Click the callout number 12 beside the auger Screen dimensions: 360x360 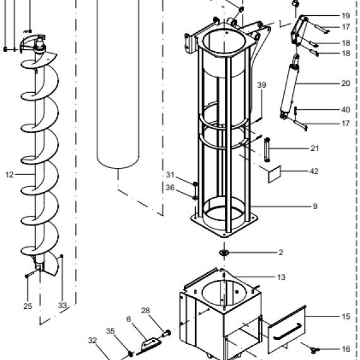[9, 175]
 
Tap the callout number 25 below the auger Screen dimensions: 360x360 [28, 306]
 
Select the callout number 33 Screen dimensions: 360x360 [63, 305]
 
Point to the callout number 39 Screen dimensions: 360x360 [261, 85]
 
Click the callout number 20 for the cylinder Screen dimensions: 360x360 [345, 83]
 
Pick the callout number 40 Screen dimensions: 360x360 [345, 110]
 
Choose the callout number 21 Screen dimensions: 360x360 [315, 148]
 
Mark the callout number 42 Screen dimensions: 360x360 [314, 171]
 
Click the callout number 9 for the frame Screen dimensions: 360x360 [315, 207]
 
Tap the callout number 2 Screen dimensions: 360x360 [281, 253]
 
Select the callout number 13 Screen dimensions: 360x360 [281, 277]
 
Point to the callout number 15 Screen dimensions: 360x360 [345, 316]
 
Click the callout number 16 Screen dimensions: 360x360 [345, 349]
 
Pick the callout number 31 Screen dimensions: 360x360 [170, 175]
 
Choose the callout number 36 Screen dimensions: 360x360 [170, 188]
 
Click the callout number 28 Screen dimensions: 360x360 [145, 311]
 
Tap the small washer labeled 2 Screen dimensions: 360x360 [224, 253]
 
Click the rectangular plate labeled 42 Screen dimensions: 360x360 [275, 174]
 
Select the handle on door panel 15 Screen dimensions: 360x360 [287, 332]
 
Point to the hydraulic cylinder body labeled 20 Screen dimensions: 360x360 [289, 88]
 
